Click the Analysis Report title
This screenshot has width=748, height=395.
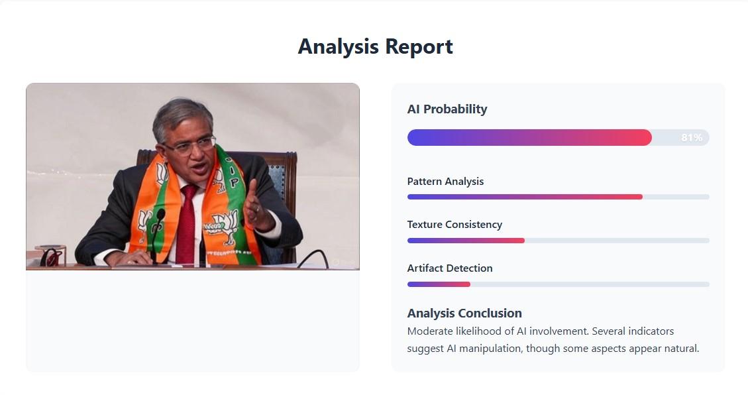[376, 47]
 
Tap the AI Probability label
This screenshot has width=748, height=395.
[447, 109]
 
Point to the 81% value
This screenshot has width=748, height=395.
[692, 137]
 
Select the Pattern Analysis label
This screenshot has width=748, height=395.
[445, 182]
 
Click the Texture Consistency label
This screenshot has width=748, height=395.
[454, 224]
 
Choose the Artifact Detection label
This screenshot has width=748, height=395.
[450, 268]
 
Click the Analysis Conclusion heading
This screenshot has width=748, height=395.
[464, 313]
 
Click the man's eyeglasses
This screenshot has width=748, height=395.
[191, 145]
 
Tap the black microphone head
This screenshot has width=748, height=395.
[160, 215]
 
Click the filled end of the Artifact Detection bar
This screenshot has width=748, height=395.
[470, 284]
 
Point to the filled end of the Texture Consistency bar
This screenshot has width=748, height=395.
[523, 241]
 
